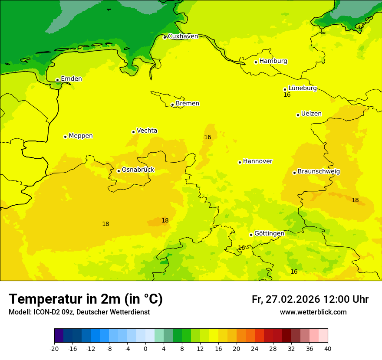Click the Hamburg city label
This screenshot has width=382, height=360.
tap(273, 61)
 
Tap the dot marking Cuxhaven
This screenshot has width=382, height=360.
tap(165, 37)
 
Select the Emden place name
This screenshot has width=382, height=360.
tap(71, 79)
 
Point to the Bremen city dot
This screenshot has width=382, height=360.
tap(172, 105)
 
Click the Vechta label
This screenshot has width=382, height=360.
tap(147, 131)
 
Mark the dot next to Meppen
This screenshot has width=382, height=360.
tap(65, 137)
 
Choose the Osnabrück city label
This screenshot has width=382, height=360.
tap(138, 170)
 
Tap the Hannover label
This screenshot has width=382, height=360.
tap(257, 161)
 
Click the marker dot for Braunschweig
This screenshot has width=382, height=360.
tap(294, 173)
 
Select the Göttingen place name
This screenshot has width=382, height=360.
tap(269, 233)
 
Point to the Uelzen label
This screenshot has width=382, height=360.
tap(311, 114)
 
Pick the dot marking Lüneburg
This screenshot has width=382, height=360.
tap(285, 89)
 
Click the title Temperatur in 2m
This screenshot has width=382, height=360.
tap(86, 299)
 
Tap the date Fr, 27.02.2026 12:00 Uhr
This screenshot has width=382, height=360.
tap(310, 299)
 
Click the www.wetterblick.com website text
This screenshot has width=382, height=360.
tap(313, 312)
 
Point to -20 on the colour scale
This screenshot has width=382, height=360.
tap(54, 349)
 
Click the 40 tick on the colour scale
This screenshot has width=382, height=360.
tap(328, 349)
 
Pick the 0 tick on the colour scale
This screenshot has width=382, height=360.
tap(145, 349)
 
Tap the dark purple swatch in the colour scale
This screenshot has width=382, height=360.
tap(59, 336)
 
